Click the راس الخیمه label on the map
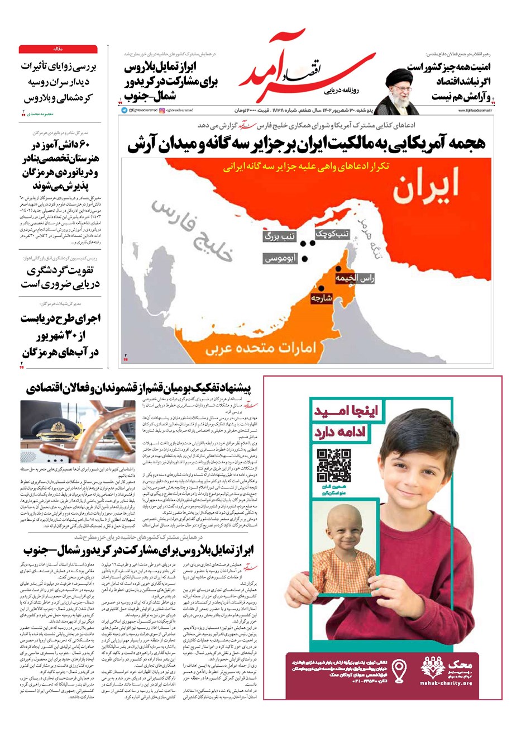354,277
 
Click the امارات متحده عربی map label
260,348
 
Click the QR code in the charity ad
334,464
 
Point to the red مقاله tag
58,49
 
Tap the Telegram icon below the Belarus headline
124,110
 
